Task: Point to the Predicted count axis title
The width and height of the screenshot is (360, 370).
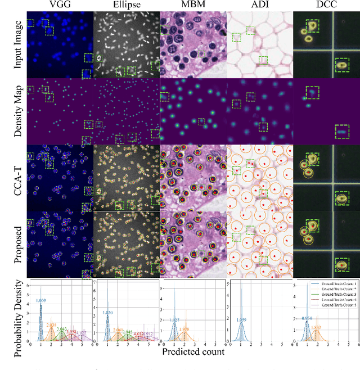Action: point(193,352)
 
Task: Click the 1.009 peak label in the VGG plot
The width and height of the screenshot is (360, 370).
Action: point(41,301)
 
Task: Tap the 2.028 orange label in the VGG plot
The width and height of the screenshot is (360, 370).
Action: point(51,326)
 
